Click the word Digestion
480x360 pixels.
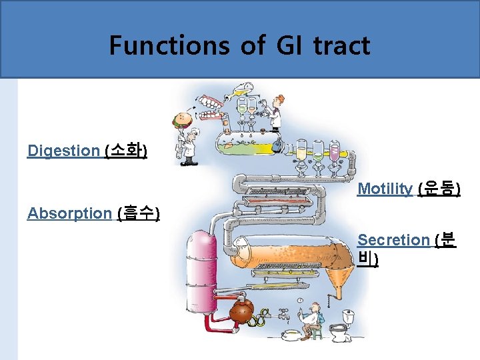point(63,151)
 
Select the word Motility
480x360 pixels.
point(385,189)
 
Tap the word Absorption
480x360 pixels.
point(69,213)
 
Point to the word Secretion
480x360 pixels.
point(393,239)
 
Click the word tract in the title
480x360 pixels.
point(341,45)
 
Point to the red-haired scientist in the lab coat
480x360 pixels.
point(276,110)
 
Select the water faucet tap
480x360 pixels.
point(283,312)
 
